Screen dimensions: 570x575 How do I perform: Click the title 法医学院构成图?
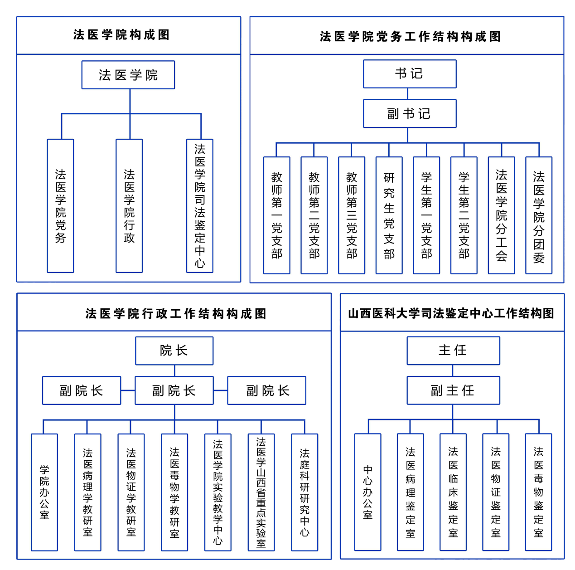[121, 35]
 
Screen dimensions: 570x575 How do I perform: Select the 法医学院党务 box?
[60, 206]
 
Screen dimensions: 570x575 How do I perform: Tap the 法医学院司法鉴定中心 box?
[200, 206]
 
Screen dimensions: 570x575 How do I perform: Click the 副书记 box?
[409, 113]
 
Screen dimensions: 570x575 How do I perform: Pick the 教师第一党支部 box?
[276, 215]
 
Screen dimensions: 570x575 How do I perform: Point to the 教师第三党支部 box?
[352, 215]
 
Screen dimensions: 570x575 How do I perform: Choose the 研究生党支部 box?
[389, 215]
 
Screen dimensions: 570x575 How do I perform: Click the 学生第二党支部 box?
[464, 215]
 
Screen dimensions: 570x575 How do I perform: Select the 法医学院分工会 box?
[501, 215]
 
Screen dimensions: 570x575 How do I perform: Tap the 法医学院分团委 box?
[539, 215]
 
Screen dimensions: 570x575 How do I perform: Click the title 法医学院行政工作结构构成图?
[176, 313]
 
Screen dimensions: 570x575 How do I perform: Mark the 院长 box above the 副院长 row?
[174, 351]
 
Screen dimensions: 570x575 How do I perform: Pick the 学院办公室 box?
[44, 492]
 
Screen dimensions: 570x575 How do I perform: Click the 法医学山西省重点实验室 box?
[261, 492]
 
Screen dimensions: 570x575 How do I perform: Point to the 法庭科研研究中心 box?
[304, 492]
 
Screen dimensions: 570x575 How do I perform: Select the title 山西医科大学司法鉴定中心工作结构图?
[451, 313]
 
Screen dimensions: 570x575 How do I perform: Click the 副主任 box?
[453, 390]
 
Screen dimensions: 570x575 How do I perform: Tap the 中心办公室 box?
[367, 492]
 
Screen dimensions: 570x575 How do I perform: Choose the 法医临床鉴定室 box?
[453, 492]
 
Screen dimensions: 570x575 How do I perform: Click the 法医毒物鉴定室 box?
[538, 492]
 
